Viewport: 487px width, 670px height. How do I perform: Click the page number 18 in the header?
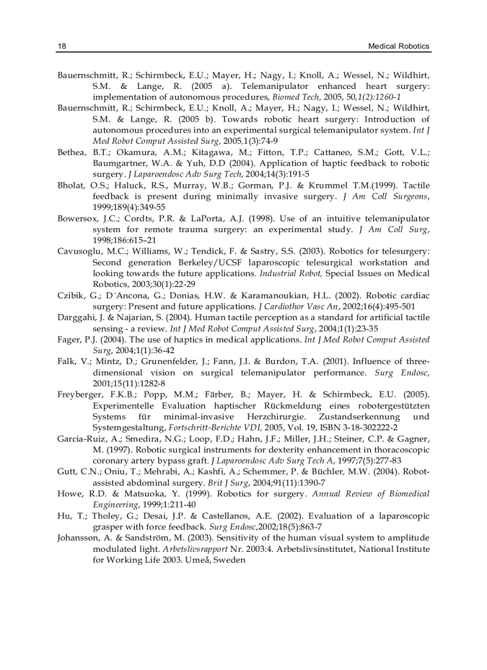(x=61, y=47)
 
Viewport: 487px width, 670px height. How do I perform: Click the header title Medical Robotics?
(x=399, y=47)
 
